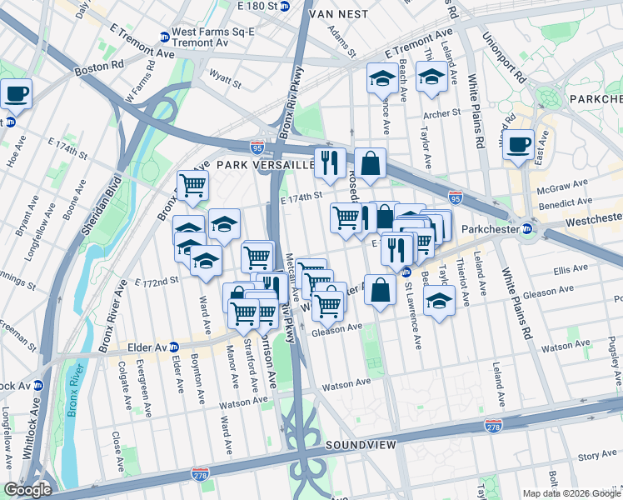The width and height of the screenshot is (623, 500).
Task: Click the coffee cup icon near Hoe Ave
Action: click(x=17, y=93)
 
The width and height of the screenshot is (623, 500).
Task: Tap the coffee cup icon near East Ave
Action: click(x=518, y=143)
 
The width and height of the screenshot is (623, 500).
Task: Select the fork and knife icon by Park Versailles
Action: click(x=331, y=162)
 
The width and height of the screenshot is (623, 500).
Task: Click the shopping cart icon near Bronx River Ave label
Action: click(x=193, y=185)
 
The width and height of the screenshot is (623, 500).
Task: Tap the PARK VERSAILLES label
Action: click(x=266, y=165)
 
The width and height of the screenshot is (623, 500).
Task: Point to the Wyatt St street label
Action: click(x=225, y=82)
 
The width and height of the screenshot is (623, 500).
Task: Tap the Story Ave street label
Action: click(x=597, y=456)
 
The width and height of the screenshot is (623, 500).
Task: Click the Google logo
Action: click(x=28, y=489)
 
